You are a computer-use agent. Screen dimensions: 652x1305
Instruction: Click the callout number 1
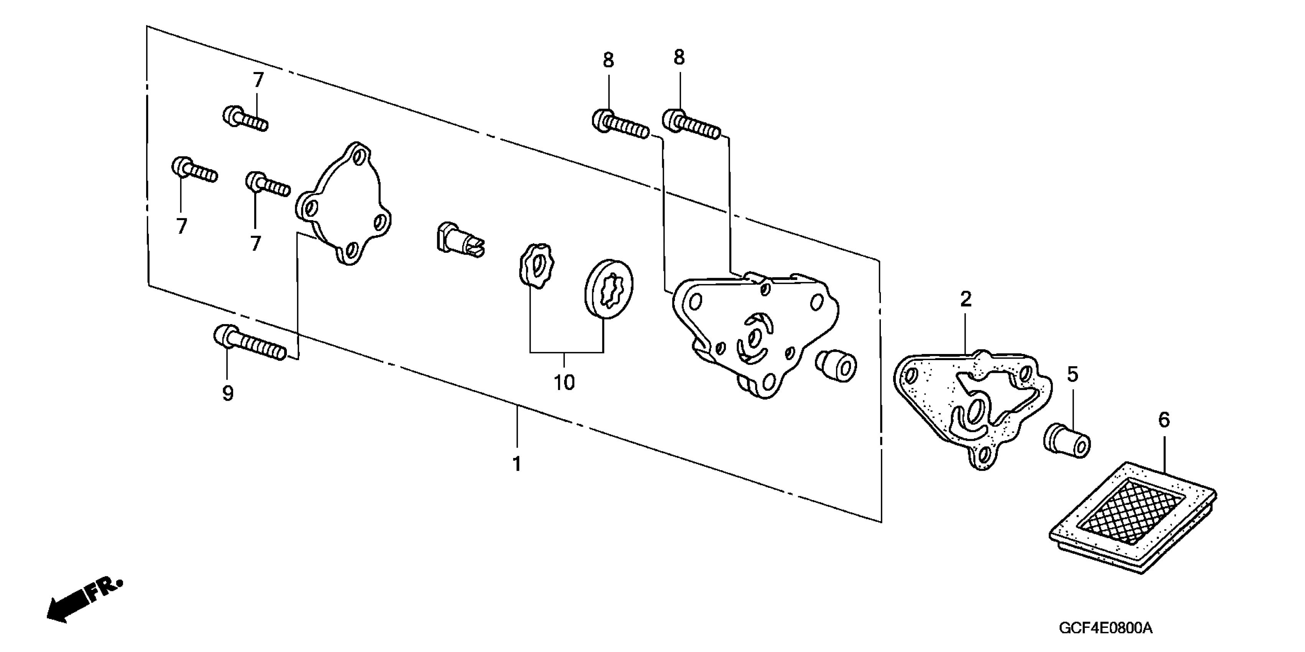click(517, 464)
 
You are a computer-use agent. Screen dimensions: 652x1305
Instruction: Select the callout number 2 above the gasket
click(966, 300)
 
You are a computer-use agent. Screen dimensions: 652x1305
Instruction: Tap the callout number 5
click(1073, 374)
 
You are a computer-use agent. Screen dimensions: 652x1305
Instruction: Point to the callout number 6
click(1164, 420)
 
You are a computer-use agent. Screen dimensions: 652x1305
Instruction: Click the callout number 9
click(228, 393)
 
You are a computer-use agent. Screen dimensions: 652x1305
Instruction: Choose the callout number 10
click(564, 382)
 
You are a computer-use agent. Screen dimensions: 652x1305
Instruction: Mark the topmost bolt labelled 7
click(245, 118)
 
